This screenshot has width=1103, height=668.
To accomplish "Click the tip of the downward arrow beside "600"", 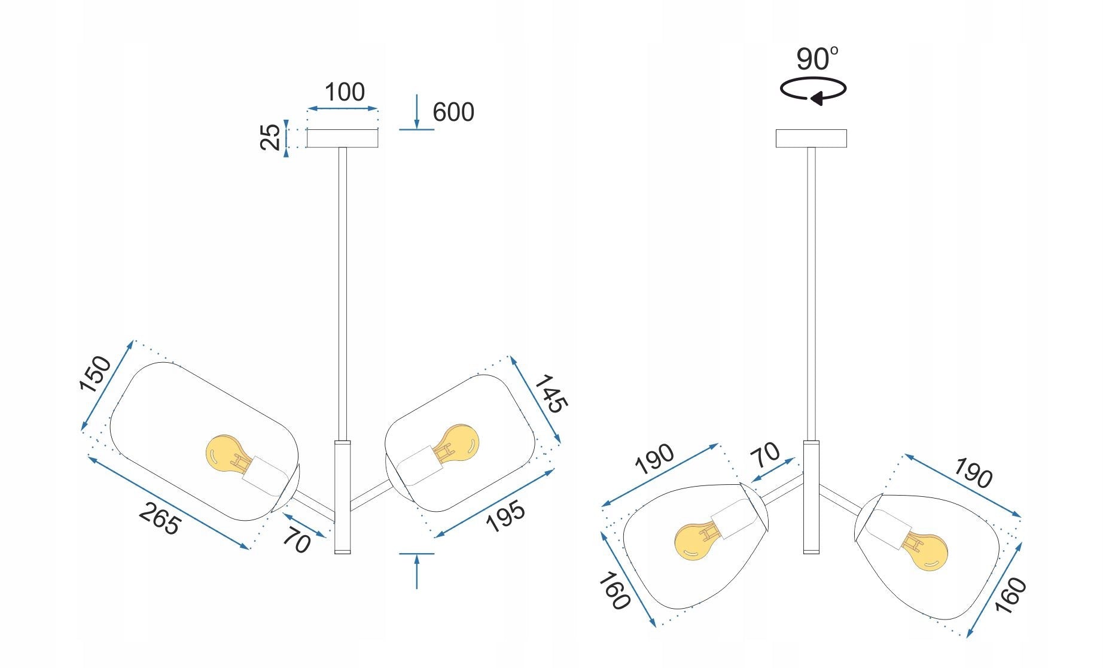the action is (x=417, y=129).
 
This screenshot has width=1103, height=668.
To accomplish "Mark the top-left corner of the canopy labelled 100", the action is (x=307, y=130).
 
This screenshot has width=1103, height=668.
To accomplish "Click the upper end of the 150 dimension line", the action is (x=132, y=341).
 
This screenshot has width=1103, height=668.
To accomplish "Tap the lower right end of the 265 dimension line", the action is (x=248, y=548).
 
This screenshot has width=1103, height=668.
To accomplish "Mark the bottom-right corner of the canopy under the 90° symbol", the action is (x=846, y=147).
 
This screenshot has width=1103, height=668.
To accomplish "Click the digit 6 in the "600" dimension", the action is (x=440, y=113).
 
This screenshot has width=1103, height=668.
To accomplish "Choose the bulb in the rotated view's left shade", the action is (x=697, y=542).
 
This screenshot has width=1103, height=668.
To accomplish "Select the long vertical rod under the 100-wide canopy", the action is (x=342, y=294).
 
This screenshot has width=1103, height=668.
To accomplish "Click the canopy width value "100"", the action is (x=345, y=93).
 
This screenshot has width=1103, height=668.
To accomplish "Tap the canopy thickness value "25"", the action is (x=270, y=137).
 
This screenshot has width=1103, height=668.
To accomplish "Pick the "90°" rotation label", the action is (x=817, y=59).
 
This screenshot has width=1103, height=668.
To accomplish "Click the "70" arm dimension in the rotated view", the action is (x=766, y=456).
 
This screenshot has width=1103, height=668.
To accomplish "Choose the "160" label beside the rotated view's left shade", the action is (x=614, y=591).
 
